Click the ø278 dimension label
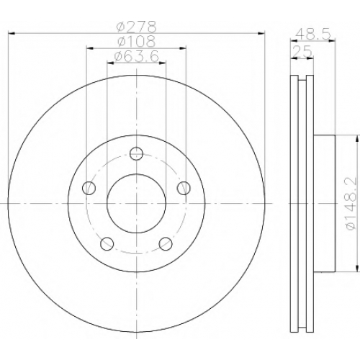tap(136, 27)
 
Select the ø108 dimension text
tap(136, 41)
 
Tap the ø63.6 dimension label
tap(136, 56)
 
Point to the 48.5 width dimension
tap(312, 34)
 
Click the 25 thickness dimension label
tap(302, 51)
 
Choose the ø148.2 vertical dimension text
tap(351, 204)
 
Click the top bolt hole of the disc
tap(136, 153)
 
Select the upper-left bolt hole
tap(89, 188)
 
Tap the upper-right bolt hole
tap(184, 188)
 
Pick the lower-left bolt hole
tap(107, 244)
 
